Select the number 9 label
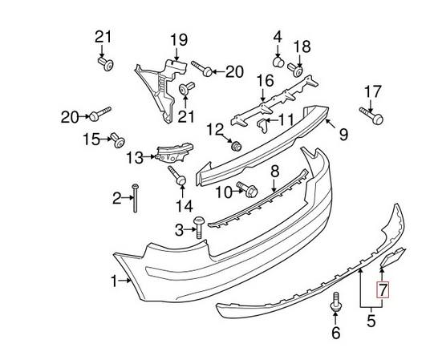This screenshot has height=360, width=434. tap(343, 135)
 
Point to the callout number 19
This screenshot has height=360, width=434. tap(177, 39)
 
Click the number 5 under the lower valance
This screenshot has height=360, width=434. tap(371, 322)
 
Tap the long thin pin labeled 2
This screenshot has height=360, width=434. tap(136, 197)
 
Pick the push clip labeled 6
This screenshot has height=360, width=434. tap(336, 305)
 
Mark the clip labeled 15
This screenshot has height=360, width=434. tap(116, 141)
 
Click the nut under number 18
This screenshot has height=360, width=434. tap(301, 70)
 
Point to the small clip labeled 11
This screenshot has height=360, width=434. tap(262, 123)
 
